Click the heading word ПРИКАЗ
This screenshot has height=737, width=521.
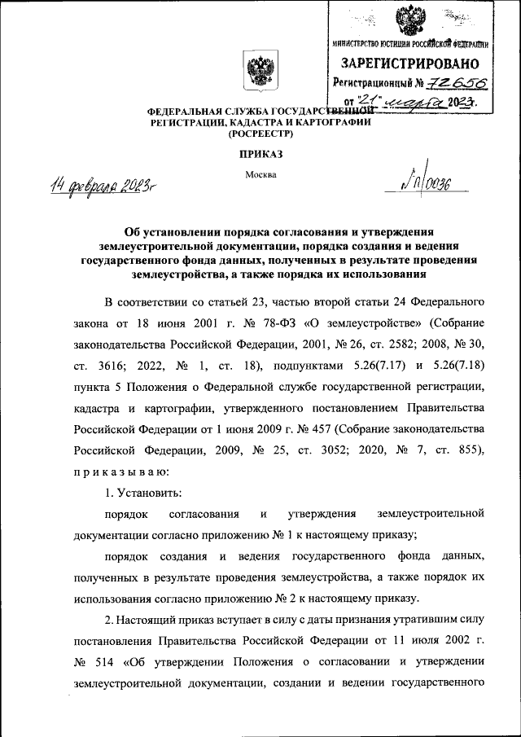[x=260, y=152]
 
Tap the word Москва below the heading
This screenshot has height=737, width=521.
[x=260, y=174]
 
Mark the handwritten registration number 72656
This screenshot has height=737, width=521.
[x=446, y=83]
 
